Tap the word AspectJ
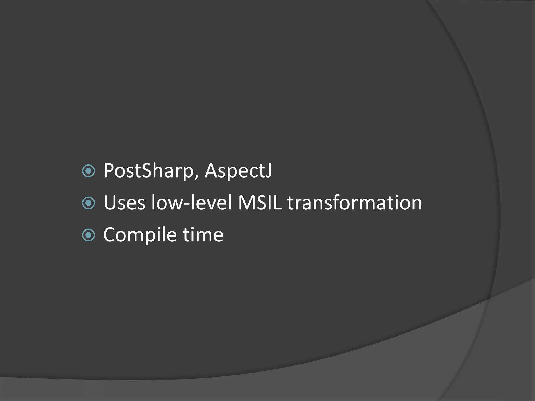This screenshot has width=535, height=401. [238, 171]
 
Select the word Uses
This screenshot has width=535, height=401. [124, 203]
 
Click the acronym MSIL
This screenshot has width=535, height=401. [260, 203]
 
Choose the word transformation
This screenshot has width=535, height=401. [354, 203]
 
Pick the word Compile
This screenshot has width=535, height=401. [140, 235]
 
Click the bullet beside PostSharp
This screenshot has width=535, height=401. [89, 171]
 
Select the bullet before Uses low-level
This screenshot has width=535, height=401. [89, 203]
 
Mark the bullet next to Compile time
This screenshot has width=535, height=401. [89, 235]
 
